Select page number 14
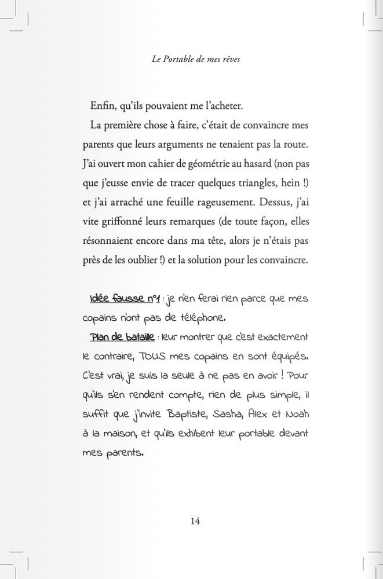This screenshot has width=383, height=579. [195, 521]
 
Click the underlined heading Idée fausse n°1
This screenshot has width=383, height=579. [125, 299]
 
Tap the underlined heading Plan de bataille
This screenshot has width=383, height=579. [122, 336]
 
